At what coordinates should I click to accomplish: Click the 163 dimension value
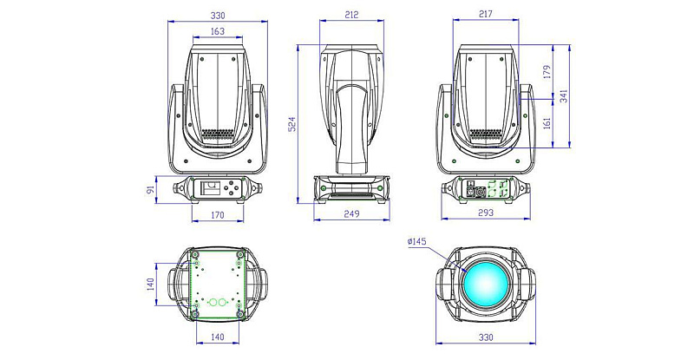217,31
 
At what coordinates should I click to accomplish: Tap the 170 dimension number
217,213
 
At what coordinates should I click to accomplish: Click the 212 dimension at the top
351,15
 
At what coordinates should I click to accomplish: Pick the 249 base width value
351,213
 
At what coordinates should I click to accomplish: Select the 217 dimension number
486,15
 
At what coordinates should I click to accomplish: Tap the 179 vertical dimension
547,71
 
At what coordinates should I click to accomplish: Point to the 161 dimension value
547,123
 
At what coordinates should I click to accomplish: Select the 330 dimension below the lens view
486,337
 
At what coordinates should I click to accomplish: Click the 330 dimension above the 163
217,15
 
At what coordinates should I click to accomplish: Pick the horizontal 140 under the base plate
217,337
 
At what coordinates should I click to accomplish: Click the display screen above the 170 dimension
209,187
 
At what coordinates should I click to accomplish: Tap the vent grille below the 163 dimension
217,135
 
